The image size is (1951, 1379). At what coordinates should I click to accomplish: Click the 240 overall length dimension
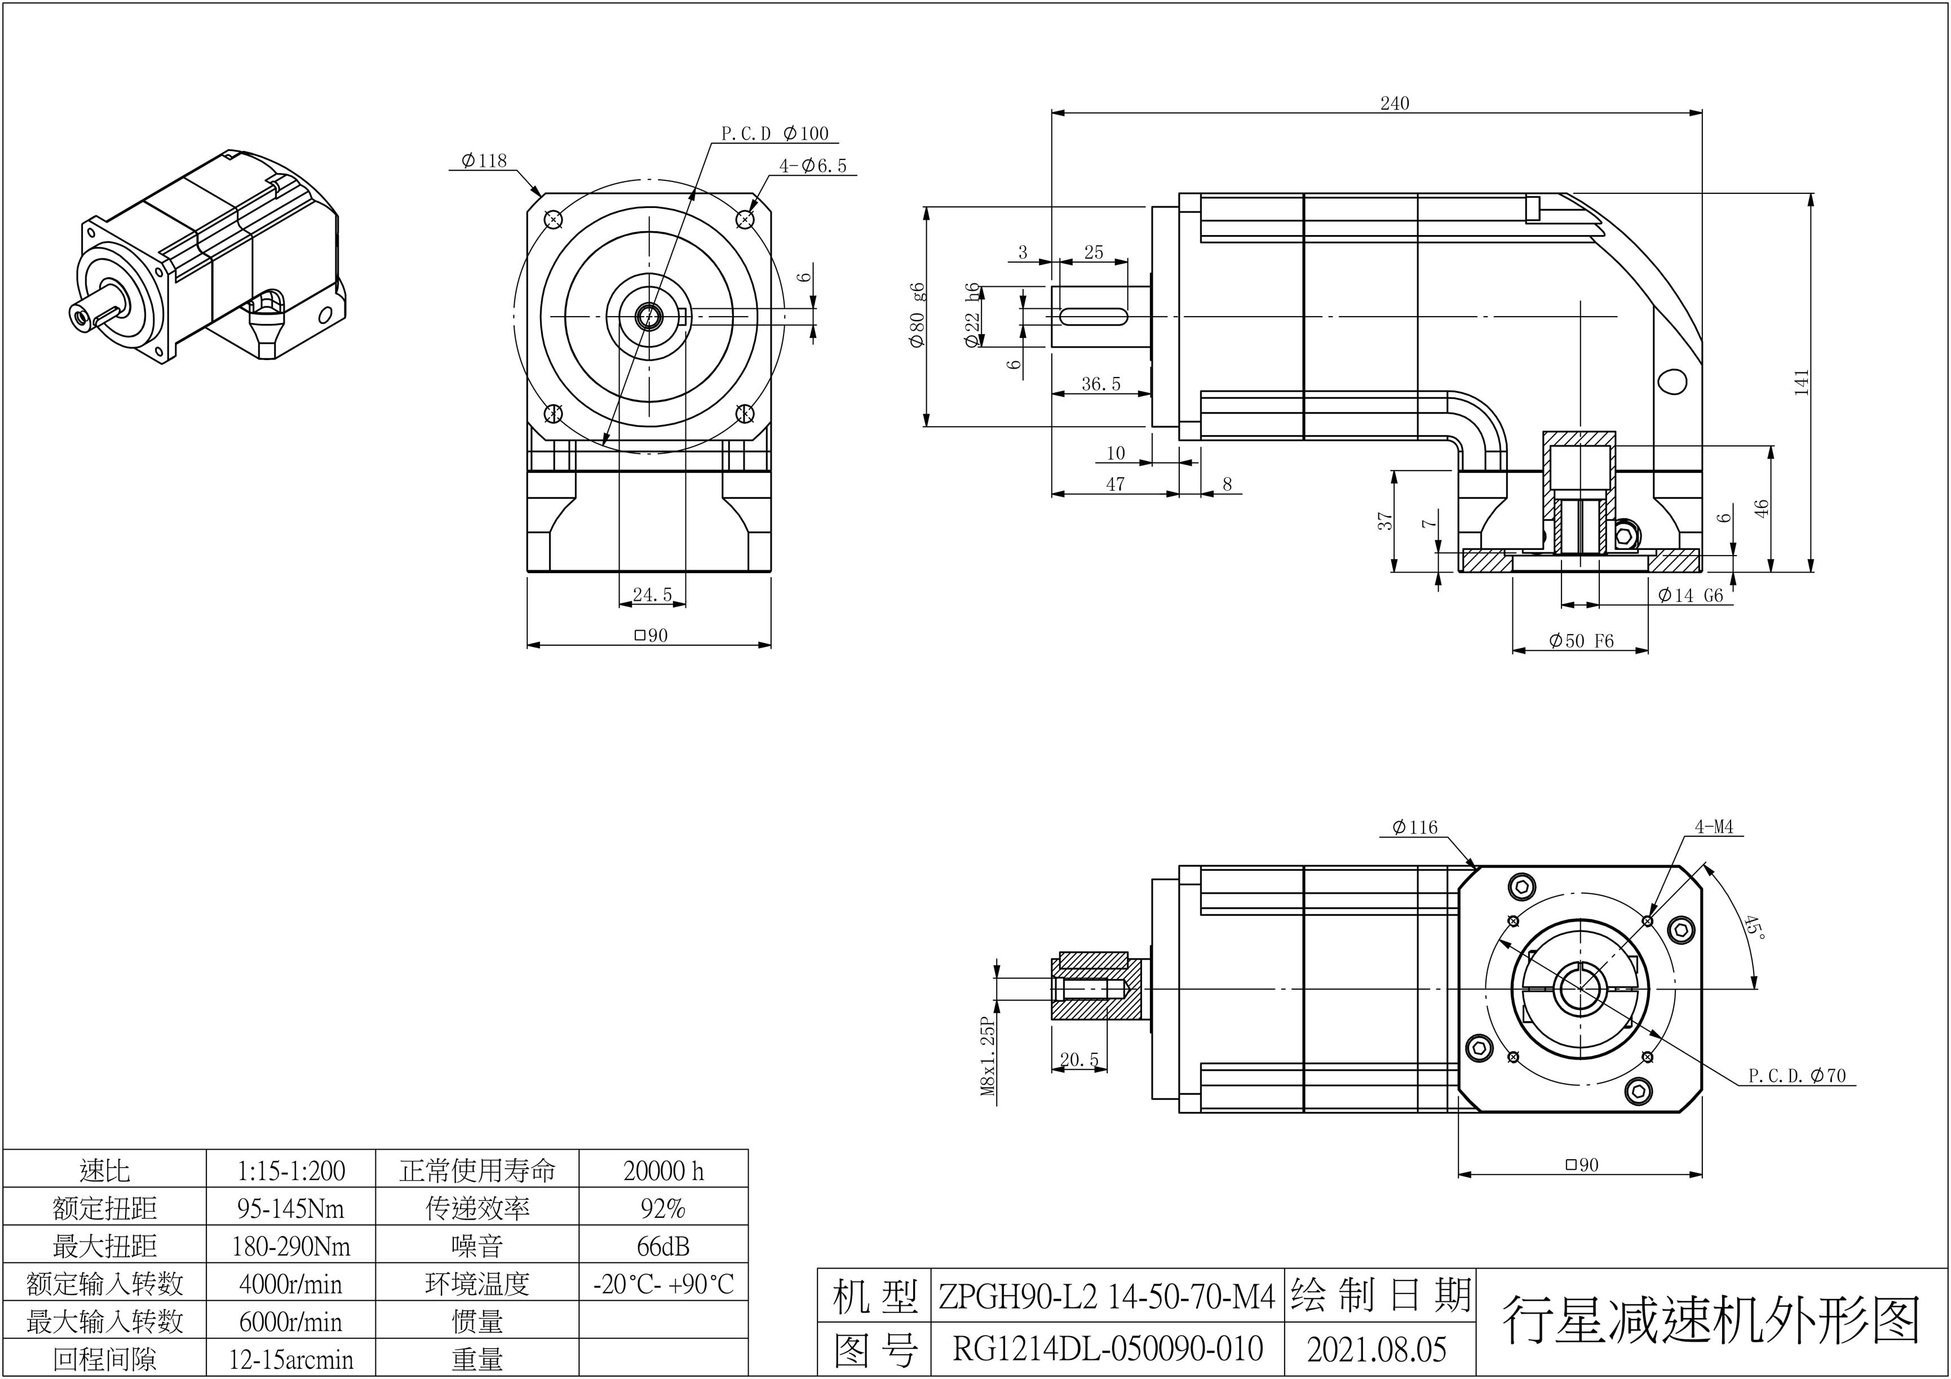coord(1395,104)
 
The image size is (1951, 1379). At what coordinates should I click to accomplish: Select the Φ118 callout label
coord(484,161)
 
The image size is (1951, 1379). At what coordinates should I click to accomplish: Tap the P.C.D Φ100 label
coord(774,134)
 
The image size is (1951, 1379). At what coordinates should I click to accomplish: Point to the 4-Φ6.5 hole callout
coord(813,166)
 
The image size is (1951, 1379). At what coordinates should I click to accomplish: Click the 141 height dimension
coord(1802,382)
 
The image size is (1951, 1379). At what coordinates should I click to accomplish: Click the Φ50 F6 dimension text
coord(1581,641)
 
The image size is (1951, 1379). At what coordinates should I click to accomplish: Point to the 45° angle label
coord(1754,927)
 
